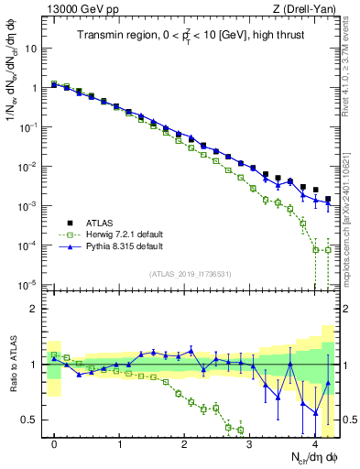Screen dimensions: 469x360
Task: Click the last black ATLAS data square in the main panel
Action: point(328,199)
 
